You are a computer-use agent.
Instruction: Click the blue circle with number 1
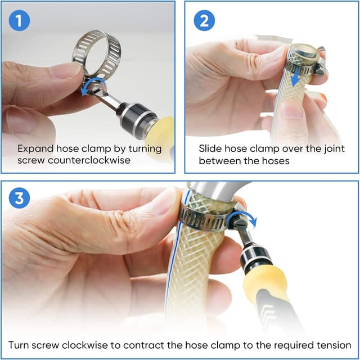(19, 21)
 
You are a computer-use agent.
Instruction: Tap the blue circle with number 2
(204, 21)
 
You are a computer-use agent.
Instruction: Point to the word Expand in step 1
(34, 148)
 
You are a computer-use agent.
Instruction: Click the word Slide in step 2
(210, 148)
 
